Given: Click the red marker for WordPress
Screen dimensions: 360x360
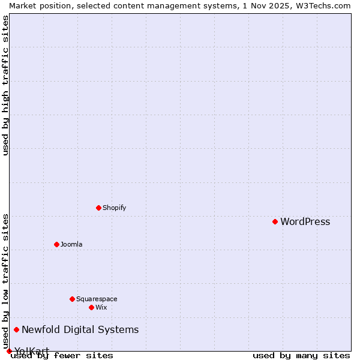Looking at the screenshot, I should tap(275, 221).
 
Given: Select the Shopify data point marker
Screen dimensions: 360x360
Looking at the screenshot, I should tap(98, 208).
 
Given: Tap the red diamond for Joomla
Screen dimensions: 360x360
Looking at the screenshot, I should tap(56, 244).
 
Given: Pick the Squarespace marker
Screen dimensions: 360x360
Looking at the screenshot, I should tap(72, 299).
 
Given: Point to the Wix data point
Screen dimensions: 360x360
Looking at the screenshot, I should tap(91, 307).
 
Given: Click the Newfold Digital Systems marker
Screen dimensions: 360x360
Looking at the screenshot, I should tap(16, 329).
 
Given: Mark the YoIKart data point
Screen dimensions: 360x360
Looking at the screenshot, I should tap(9, 351).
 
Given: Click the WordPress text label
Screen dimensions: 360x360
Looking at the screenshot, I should tap(305, 222).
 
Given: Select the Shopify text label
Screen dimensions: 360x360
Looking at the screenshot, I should tap(114, 208).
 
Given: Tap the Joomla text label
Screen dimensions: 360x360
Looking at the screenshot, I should tap(71, 245).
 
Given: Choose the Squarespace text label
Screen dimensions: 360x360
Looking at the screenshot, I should tap(97, 299).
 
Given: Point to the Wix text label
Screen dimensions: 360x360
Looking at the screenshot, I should tap(101, 308).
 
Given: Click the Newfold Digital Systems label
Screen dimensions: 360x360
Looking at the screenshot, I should tap(80, 330).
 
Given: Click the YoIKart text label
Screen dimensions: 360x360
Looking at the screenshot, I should tap(32, 351).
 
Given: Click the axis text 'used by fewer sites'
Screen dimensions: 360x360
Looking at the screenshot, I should tap(62, 356).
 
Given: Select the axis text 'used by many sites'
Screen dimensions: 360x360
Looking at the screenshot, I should tap(301, 356).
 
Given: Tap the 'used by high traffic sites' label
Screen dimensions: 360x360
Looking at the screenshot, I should tap(5, 85).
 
